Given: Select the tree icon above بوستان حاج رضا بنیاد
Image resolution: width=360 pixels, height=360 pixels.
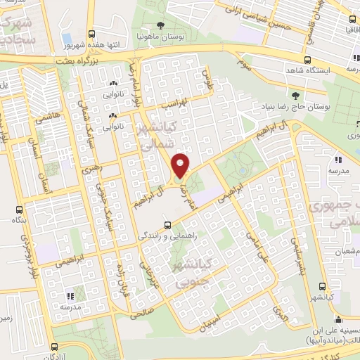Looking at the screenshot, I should pos(295,94).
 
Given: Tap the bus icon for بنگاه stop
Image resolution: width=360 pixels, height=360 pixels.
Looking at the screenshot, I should pos(20,210).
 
